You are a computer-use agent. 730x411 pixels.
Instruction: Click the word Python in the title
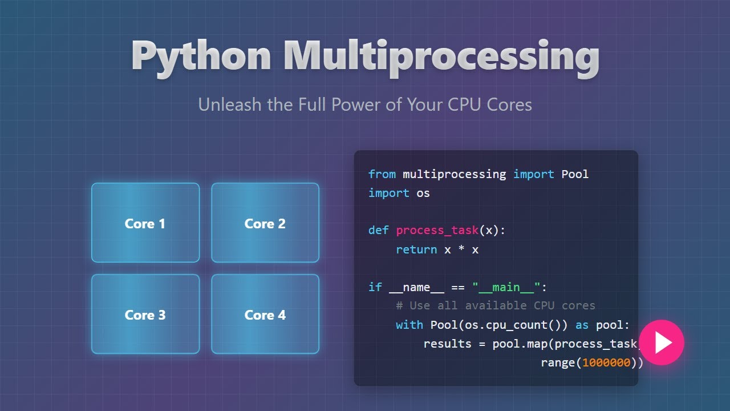[201, 57]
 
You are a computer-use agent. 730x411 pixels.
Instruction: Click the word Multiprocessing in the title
[441, 57]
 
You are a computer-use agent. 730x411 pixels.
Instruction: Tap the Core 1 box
[145, 223]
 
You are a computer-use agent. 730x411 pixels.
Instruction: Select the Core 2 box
[265, 223]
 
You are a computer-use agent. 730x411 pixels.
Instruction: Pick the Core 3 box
[145, 314]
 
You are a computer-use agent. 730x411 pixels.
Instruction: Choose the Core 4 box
[265, 314]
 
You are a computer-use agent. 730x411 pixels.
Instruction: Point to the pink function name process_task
[437, 230]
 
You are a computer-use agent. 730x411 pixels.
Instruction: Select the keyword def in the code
[378, 230]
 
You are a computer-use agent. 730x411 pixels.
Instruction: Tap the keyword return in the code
[416, 249]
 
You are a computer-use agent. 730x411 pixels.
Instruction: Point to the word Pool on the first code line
[575, 174]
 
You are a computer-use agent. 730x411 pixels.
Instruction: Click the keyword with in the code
[409, 325]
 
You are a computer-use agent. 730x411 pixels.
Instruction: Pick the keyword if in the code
[375, 287]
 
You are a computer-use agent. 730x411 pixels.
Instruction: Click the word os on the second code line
[423, 193]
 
